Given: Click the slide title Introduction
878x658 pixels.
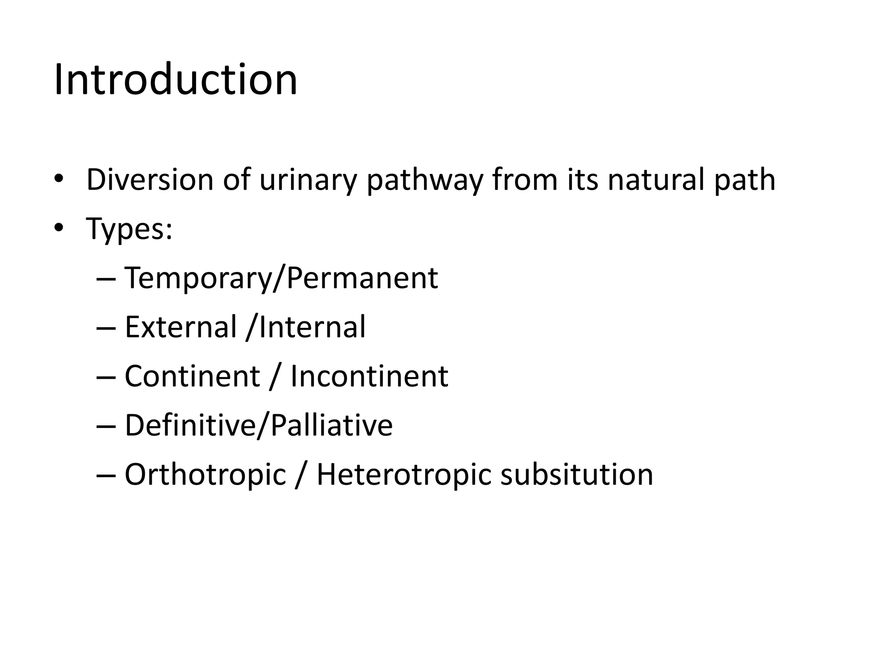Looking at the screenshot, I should click(x=175, y=80).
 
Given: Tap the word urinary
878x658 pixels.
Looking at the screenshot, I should click(x=308, y=180).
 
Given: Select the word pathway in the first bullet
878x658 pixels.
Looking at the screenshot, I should click(x=424, y=180).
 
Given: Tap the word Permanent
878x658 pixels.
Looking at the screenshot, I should click(x=362, y=278).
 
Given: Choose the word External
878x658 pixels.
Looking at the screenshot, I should click(x=180, y=327).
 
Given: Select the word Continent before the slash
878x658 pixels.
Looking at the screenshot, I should click(x=192, y=377).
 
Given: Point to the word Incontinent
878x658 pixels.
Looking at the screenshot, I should click(x=369, y=377).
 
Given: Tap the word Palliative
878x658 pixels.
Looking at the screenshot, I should click(x=331, y=425).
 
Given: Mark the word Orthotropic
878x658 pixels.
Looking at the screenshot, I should click(x=205, y=475).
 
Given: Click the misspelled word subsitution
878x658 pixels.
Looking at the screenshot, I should click(x=577, y=475).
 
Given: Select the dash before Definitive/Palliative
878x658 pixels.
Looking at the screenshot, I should click(x=106, y=426).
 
